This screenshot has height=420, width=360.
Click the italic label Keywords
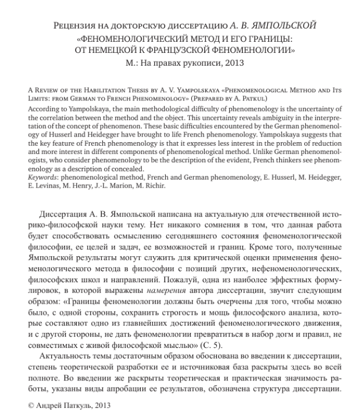(26, 168)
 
